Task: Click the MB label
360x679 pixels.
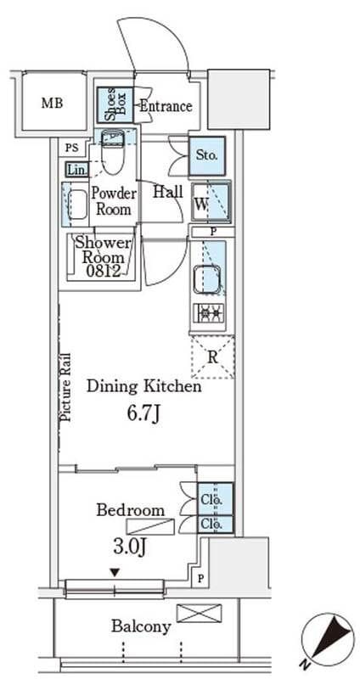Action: pos(52,103)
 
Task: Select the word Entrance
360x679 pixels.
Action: pos(166,106)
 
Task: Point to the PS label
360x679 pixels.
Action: pos(71,148)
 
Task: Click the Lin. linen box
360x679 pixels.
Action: pos(77,169)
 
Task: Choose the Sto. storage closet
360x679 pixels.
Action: pos(207,156)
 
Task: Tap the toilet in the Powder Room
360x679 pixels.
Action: pos(113,153)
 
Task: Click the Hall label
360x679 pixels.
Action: pos(168,192)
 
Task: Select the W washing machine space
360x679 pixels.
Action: pos(211,203)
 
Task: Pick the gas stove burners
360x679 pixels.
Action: pos(209,312)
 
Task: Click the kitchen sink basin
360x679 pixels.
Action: pos(207,278)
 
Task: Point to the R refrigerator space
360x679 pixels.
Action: pos(212,357)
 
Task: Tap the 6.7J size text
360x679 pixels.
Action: pos(144,414)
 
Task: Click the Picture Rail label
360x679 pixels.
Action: pos(66,387)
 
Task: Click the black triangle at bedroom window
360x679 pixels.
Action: pos(115,572)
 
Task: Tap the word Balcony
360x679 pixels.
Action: pos(141,626)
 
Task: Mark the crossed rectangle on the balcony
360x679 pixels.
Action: pos(200,614)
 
